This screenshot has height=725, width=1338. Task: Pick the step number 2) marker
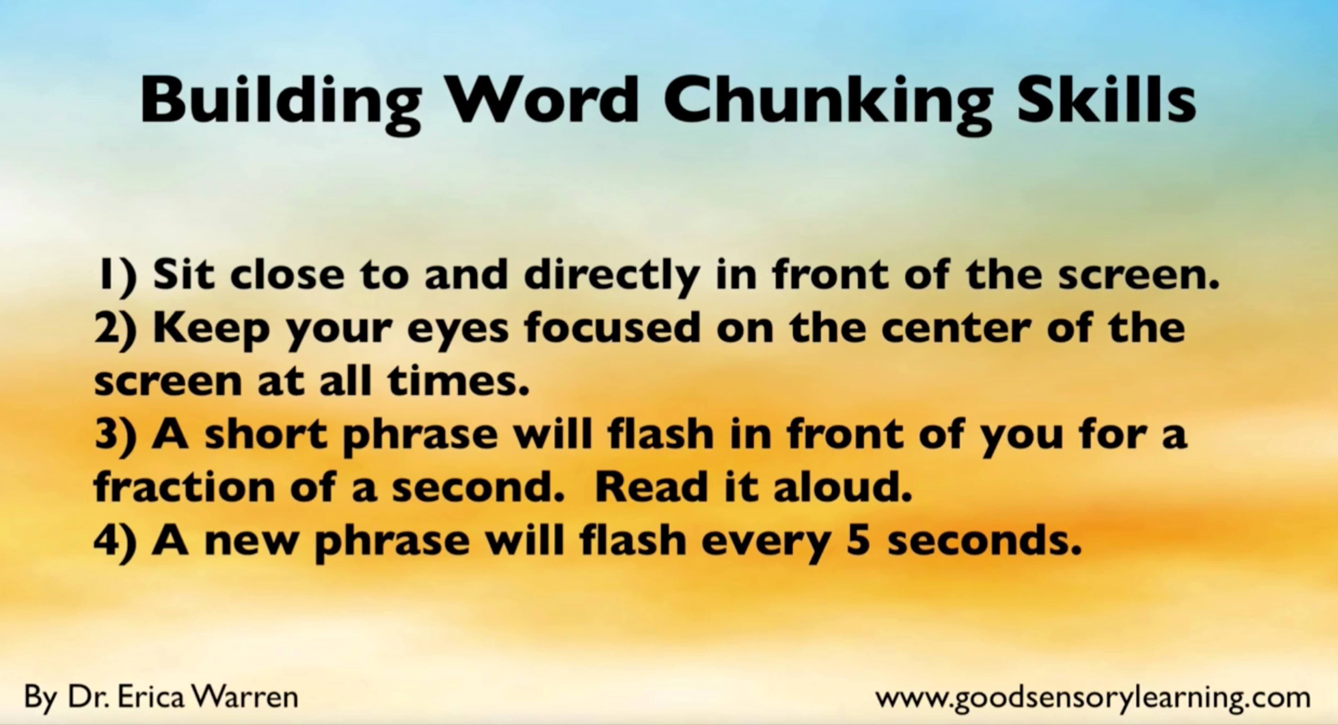tap(116, 329)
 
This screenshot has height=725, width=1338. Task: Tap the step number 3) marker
tap(116, 435)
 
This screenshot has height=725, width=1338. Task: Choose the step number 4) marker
tap(116, 541)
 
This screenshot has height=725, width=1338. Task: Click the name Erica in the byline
tap(151, 697)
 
